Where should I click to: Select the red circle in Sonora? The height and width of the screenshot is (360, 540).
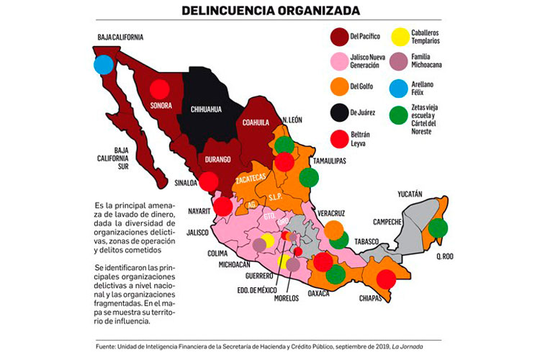click(x=159, y=93)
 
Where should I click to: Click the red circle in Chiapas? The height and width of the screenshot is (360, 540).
click(x=386, y=279)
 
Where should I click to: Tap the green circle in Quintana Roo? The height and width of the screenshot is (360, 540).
click(x=437, y=228)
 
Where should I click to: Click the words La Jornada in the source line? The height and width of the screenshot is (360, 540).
click(x=426, y=347)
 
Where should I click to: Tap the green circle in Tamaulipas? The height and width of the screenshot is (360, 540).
click(x=309, y=177)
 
